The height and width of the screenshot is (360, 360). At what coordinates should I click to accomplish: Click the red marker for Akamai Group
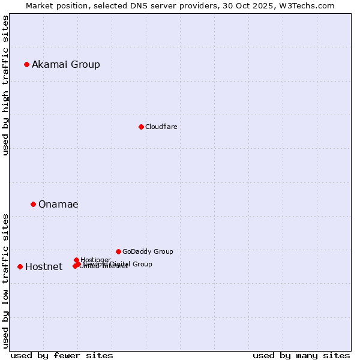[26, 65]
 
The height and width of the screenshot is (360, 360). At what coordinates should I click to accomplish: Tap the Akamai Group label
[66, 65]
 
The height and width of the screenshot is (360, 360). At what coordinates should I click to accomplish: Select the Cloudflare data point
[141, 127]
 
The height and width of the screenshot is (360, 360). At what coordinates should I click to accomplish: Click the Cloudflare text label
[161, 127]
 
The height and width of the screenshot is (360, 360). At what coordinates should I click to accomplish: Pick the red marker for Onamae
[33, 205]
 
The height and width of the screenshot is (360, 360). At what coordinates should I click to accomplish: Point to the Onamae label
[58, 205]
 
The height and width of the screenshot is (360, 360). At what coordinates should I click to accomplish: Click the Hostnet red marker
[20, 266]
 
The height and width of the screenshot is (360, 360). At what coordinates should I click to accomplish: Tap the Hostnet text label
[44, 267]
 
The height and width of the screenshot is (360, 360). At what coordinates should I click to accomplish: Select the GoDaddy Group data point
[118, 251]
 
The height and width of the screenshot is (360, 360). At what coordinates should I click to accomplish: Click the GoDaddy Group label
[148, 252]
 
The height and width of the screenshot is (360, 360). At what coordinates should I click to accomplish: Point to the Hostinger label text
[95, 260]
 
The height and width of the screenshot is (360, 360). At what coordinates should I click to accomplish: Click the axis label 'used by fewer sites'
[62, 355]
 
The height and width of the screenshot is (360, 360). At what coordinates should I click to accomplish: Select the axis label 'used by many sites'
[301, 355]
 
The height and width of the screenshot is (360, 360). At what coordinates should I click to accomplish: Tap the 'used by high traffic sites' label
[6, 85]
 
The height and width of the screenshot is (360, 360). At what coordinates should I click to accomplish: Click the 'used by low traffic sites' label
[6, 280]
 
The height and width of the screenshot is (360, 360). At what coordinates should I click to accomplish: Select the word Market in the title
[40, 5]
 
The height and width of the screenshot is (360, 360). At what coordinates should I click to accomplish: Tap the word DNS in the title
[139, 5]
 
